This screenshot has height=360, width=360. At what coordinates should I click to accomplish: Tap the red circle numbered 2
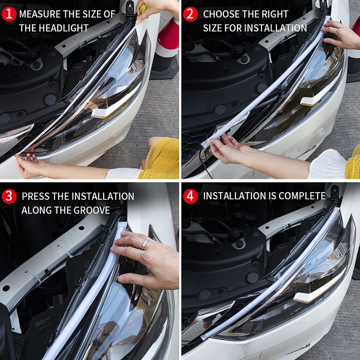(x=191, y=13)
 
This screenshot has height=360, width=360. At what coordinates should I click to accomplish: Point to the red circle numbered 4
(x=191, y=196)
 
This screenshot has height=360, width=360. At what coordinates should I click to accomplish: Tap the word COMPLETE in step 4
(x=302, y=196)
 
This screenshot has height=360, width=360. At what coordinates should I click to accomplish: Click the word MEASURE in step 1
(x=41, y=13)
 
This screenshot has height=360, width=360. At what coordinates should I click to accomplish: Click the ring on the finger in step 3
(x=145, y=244)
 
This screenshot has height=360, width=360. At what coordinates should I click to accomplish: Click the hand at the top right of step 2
(x=342, y=34)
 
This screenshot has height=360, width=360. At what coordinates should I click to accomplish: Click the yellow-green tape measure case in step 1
(x=142, y=8)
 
